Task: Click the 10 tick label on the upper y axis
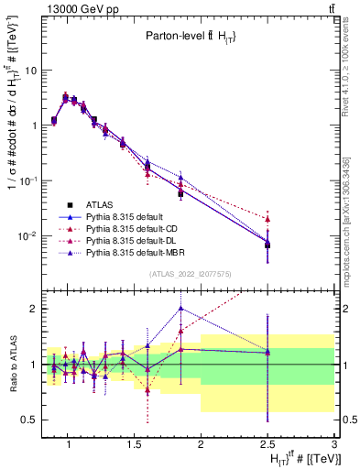31,70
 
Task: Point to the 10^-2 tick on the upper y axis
29,236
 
